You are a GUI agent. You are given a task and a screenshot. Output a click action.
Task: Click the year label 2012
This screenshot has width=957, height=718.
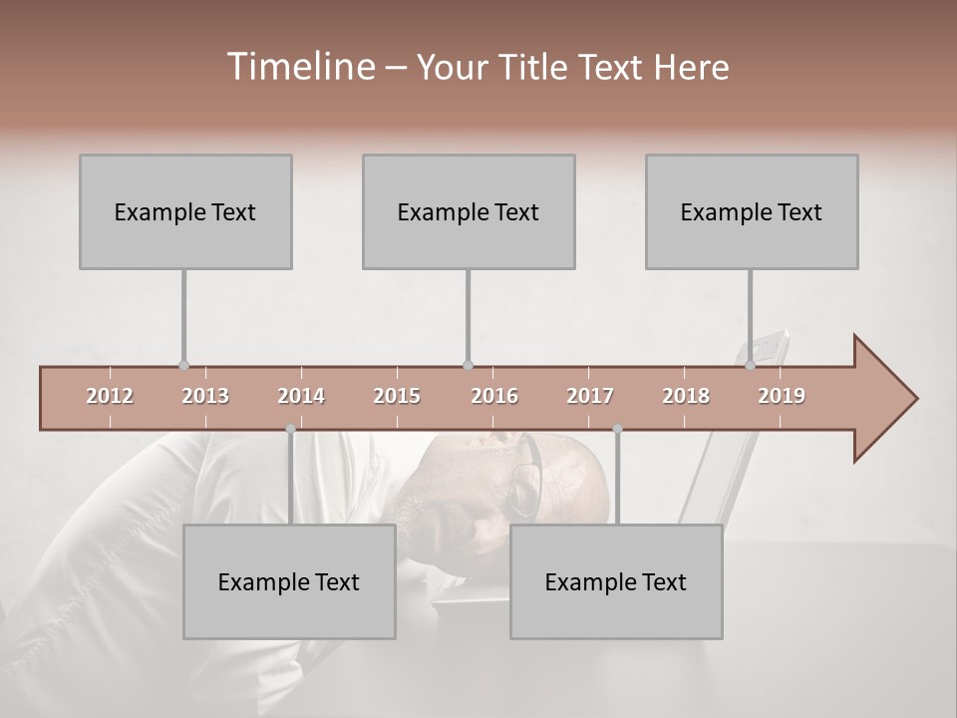[110, 396]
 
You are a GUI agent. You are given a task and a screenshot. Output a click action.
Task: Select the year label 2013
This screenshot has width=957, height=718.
[205, 396]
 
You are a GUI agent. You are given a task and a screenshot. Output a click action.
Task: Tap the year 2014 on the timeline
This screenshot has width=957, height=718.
[301, 396]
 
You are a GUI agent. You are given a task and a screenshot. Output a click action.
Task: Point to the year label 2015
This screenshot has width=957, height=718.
[397, 396]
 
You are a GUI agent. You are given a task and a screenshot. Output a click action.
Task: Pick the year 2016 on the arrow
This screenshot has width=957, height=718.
[494, 396]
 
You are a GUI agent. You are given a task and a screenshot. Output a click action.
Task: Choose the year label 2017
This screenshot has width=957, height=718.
[590, 396]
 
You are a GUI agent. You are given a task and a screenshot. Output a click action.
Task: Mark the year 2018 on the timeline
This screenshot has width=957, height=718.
[686, 396]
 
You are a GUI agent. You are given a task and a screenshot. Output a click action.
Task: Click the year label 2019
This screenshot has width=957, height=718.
[782, 396]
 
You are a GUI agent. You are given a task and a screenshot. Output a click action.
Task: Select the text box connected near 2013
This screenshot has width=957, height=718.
[185, 211]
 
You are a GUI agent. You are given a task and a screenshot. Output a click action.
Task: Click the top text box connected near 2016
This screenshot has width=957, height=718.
[469, 211]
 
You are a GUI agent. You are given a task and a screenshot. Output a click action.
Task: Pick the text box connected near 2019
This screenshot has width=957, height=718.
[752, 211]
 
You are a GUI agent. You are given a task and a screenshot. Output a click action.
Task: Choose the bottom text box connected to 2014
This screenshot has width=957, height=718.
[289, 581]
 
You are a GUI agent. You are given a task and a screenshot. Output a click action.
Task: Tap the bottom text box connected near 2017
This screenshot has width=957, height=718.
[616, 581]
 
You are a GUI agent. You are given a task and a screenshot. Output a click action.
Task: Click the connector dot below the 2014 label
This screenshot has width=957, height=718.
[290, 429]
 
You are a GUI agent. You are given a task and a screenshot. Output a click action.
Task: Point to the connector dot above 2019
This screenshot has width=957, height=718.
[751, 366]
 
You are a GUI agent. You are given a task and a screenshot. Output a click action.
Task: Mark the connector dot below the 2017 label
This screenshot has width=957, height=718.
[617, 429]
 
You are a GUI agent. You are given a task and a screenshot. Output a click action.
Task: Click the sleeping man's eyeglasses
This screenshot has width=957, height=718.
[527, 477]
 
